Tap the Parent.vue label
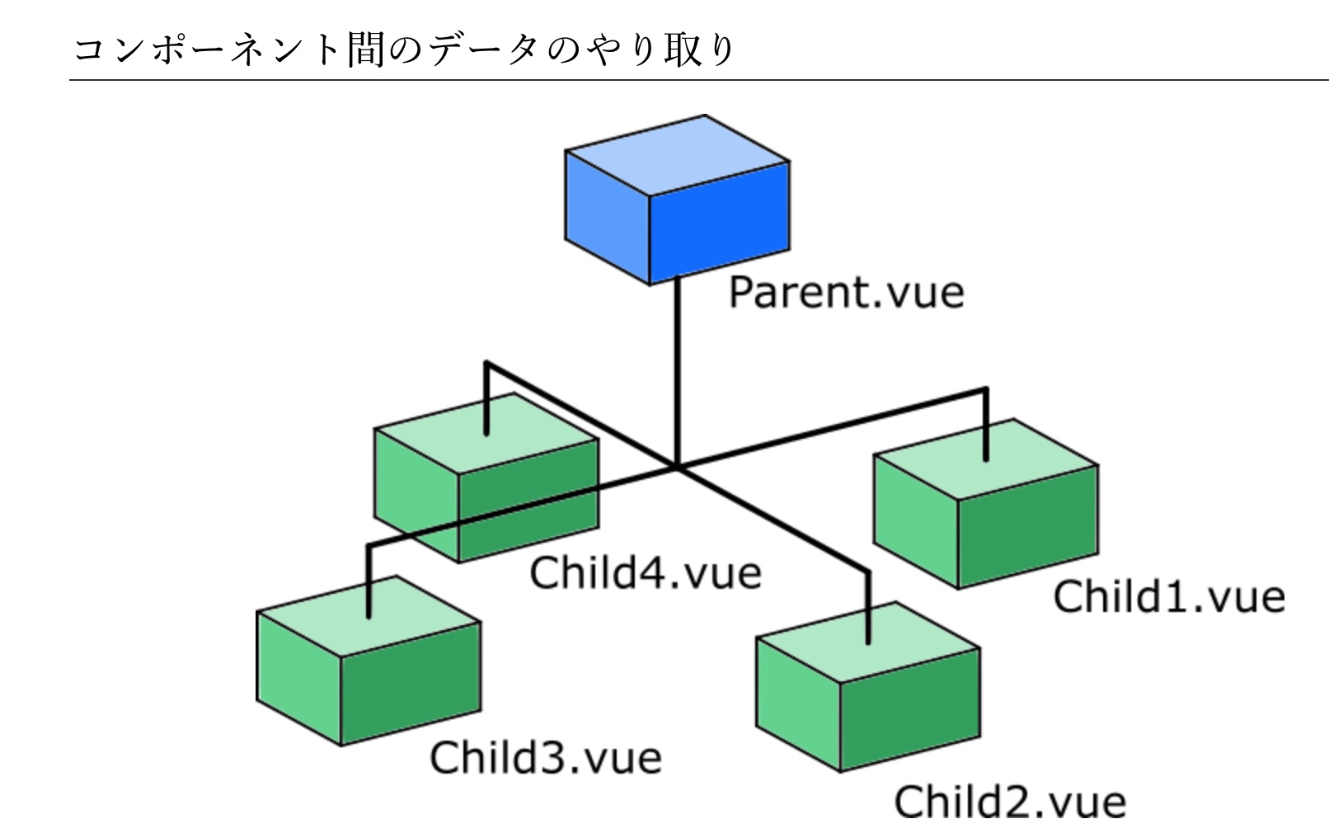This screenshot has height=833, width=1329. tap(846, 293)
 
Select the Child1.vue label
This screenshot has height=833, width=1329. tap(1168, 597)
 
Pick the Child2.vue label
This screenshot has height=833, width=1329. tap(1010, 802)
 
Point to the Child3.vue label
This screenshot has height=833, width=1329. tap(545, 757)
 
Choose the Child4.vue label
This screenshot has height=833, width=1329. tap(645, 573)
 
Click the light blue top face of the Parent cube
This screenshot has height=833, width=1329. tap(678, 155)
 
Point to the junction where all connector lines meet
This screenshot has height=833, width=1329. tap(677, 468)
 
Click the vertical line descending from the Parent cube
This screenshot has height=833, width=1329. tap(677, 371)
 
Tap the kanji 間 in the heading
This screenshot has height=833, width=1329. tap(365, 49)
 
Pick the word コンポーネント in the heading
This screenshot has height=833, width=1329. tap(206, 49)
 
